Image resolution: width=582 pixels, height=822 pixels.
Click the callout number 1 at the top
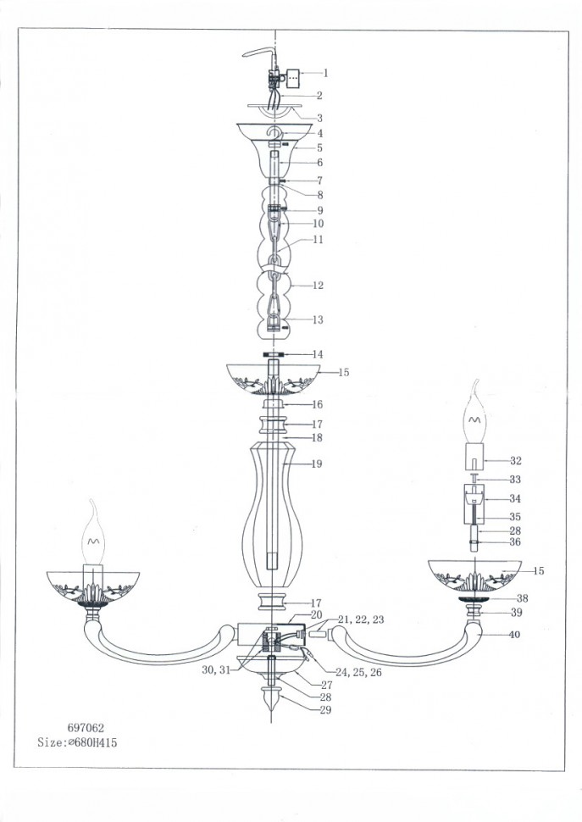325,73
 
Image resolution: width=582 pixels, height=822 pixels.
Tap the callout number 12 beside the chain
318,286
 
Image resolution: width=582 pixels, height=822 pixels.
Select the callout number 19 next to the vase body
317,464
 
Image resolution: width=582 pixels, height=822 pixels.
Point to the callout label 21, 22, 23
360,619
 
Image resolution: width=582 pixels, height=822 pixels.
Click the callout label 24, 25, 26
358,672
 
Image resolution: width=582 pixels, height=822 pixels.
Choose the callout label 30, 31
216,669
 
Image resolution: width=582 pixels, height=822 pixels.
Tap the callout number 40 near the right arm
515,635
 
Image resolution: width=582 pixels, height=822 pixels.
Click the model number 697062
86,728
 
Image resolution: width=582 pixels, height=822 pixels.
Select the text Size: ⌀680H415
77,742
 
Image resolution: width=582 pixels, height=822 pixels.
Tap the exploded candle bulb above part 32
475,412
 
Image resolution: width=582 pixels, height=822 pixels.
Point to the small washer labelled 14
274,354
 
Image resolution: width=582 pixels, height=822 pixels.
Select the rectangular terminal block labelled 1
292,79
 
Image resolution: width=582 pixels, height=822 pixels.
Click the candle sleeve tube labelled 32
474,457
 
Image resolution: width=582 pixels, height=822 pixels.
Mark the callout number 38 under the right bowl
522,598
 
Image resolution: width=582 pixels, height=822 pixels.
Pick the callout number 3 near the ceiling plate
319,119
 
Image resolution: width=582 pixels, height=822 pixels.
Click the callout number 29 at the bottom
325,710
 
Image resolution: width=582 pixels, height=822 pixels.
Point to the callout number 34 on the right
515,498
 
